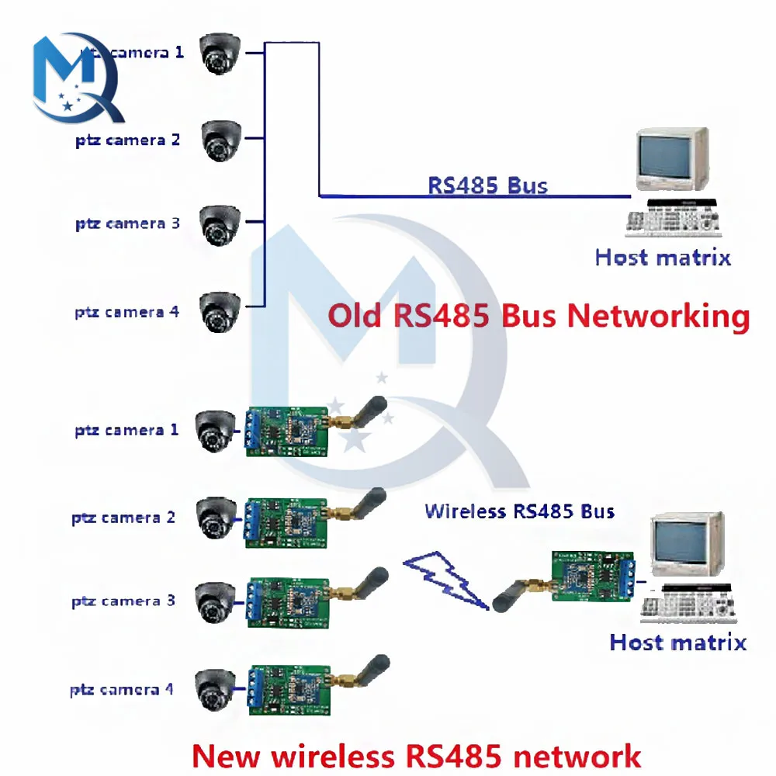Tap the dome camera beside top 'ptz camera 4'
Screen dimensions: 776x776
(222, 312)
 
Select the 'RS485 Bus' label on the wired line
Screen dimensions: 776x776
(487, 185)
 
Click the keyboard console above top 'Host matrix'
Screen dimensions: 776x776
(673, 219)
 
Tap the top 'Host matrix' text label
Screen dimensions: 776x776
(663, 258)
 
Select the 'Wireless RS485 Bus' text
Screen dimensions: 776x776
(519, 511)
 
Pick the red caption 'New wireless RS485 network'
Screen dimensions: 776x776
(416, 755)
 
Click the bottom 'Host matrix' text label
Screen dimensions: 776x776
(677, 643)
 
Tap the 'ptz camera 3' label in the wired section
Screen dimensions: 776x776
(127, 224)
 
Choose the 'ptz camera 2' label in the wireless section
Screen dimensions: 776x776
(124, 518)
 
